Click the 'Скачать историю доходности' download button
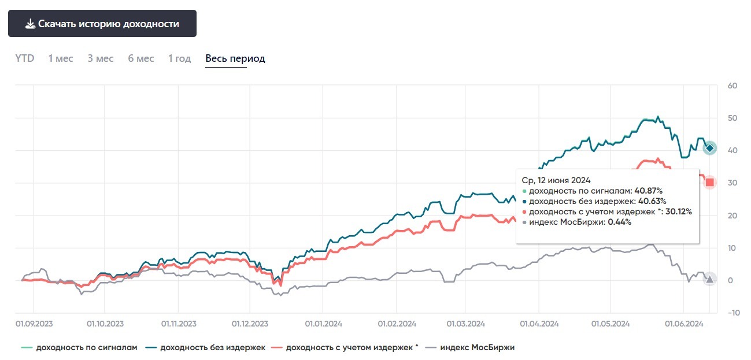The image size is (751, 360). pyautogui.click(x=102, y=24)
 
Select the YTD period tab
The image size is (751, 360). pyautogui.click(x=25, y=58)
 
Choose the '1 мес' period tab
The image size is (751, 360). pyautogui.click(x=61, y=58)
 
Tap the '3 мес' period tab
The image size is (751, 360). pyautogui.click(x=101, y=58)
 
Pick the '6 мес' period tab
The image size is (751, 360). pyautogui.click(x=141, y=58)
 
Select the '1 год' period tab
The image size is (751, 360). pyautogui.click(x=179, y=58)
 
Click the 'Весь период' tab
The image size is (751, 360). pyautogui.click(x=235, y=58)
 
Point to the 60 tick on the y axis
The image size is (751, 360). pyautogui.click(x=732, y=86)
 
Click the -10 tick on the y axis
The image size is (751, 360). pyautogui.click(x=732, y=313)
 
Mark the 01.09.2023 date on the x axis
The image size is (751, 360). pyautogui.click(x=33, y=324)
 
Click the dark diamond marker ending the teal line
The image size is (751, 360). pyautogui.click(x=710, y=149)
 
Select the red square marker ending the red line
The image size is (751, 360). pyautogui.click(x=710, y=183)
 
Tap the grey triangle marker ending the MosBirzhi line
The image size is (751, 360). pyautogui.click(x=709, y=279)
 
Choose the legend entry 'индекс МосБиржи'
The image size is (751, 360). pyautogui.click(x=477, y=347)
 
